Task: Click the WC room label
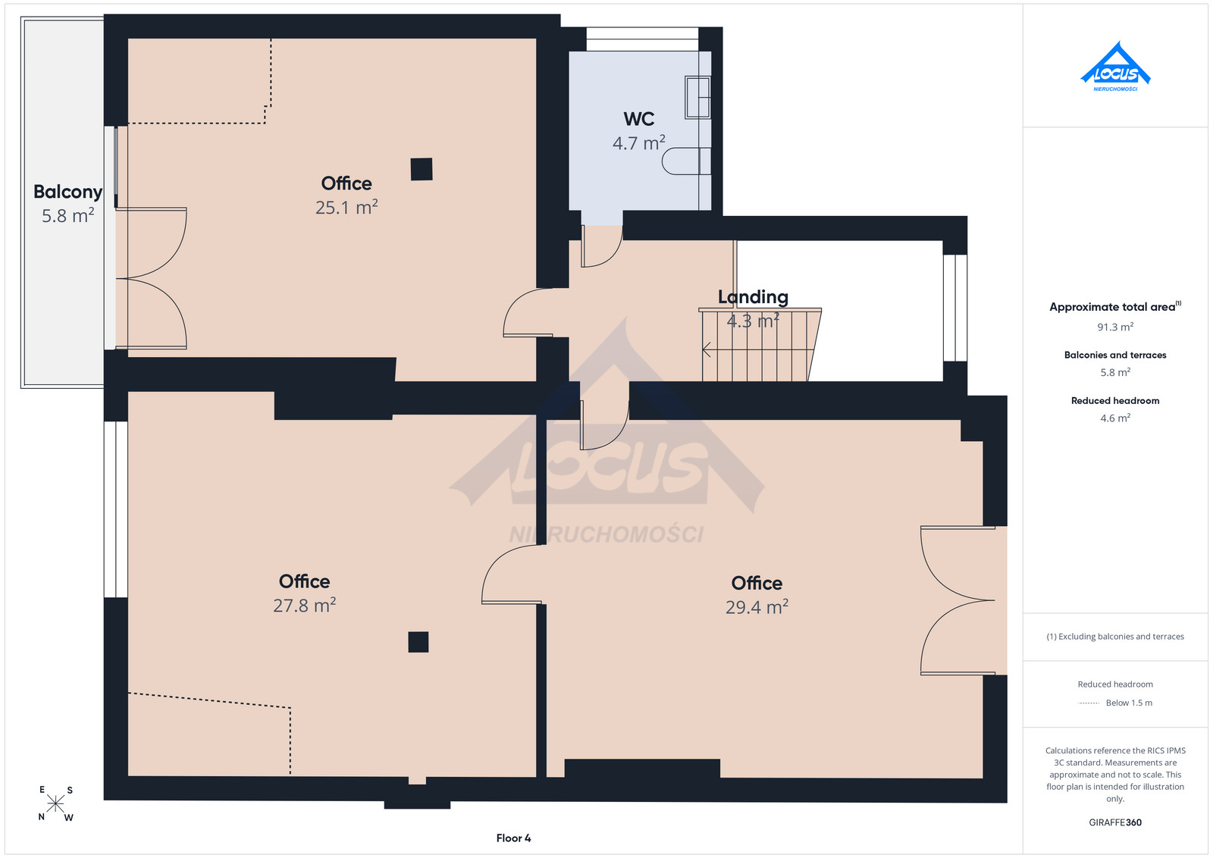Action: (638, 119)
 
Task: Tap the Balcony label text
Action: (67, 192)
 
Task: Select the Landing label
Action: (753, 296)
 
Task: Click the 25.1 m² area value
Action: (346, 207)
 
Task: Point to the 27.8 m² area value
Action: (304, 605)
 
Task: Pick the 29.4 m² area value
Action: (757, 607)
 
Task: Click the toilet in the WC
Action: (686, 161)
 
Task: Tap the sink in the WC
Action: (697, 98)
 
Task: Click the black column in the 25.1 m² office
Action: (422, 169)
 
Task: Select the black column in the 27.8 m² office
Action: (418, 642)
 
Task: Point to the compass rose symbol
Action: (55, 804)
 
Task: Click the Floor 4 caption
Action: (513, 838)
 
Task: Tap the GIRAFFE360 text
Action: (1115, 822)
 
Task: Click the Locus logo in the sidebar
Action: (1115, 67)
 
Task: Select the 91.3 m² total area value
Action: (1115, 327)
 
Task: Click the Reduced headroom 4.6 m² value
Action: (1115, 418)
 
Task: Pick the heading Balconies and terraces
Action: (1115, 355)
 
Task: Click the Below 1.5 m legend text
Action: (1129, 703)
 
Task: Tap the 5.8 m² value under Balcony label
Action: (67, 215)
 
